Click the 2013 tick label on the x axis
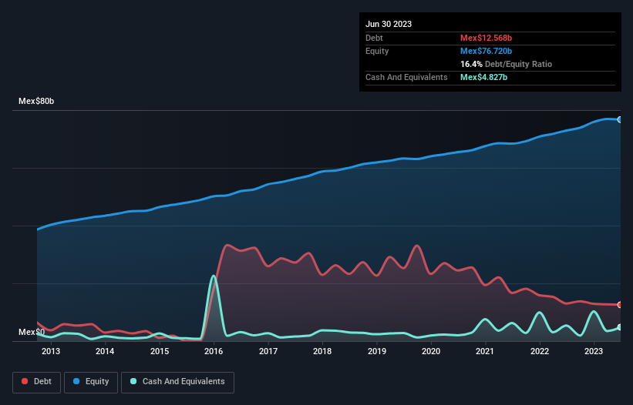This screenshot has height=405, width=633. [51, 352]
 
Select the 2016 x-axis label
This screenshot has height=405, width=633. [214, 352]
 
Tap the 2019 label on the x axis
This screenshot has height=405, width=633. [377, 352]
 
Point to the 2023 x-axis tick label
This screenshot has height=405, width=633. [594, 352]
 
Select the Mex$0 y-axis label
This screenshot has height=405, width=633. [31, 332]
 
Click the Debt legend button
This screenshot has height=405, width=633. [36, 381]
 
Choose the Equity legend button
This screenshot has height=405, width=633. [92, 381]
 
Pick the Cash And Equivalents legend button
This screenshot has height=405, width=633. [177, 381]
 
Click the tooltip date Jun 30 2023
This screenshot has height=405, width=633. [389, 24]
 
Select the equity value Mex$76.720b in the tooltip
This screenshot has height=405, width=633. [489, 51]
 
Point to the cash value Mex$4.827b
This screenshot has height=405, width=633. [483, 77]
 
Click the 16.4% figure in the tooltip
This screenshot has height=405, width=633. [472, 64]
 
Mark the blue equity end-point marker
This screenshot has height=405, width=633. [620, 119]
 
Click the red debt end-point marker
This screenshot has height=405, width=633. [620, 305]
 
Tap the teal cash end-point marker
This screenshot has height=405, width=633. [620, 327]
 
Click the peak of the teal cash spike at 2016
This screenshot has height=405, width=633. [214, 276]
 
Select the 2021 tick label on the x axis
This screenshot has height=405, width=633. [486, 352]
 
